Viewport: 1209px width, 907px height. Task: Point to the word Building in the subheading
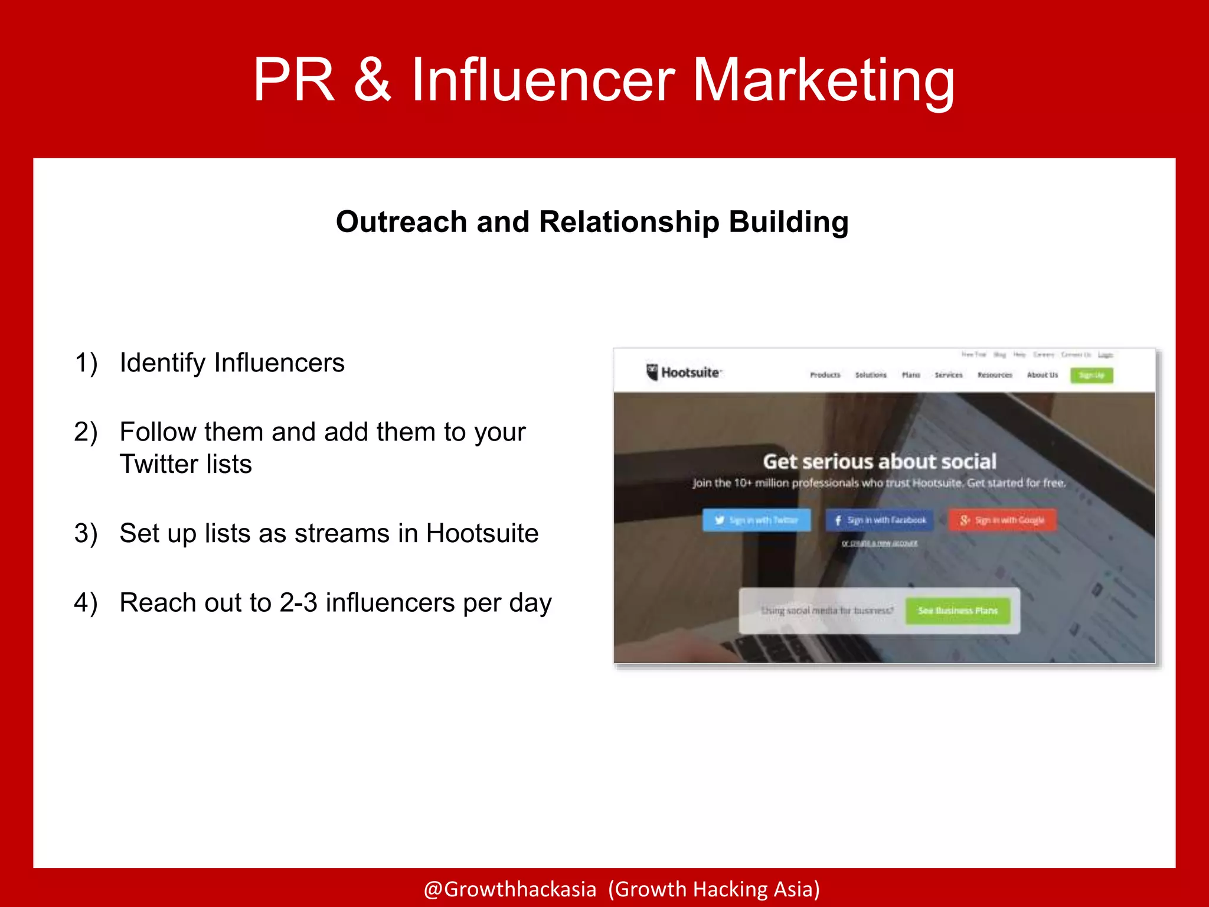tap(789, 222)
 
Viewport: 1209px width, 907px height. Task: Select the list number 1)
tap(86, 363)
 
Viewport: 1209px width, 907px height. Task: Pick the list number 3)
tap(86, 533)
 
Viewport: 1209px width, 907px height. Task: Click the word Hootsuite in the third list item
tap(482, 533)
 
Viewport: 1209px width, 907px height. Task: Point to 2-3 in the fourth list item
tap(298, 603)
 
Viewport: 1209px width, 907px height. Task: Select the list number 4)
tap(86, 603)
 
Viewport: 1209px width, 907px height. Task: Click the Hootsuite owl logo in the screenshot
tap(652, 373)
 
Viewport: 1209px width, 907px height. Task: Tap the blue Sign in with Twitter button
tap(756, 520)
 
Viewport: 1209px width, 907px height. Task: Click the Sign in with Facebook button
tap(880, 520)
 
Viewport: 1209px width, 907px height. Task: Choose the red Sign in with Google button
tap(1002, 520)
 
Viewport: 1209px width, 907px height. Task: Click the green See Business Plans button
tap(958, 611)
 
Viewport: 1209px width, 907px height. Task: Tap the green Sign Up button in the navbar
tap(1092, 375)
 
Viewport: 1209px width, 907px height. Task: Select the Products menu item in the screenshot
tap(825, 375)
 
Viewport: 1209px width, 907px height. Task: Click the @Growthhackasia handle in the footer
tap(510, 889)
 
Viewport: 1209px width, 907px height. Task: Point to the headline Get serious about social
tap(880, 461)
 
